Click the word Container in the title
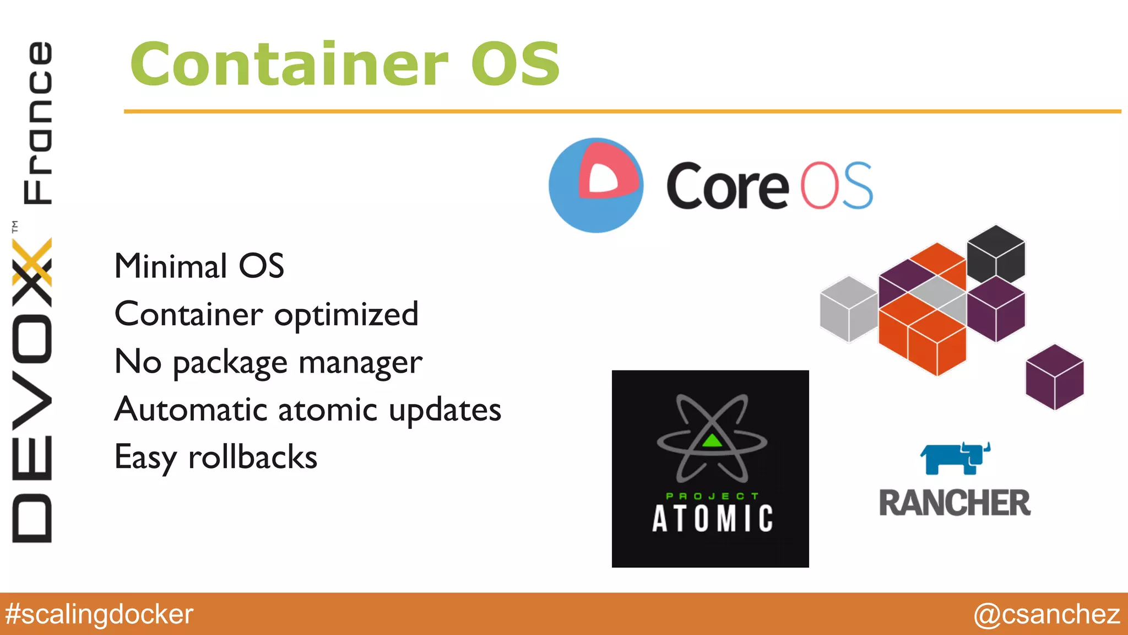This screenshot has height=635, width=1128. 289,64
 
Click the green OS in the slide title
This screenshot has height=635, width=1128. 515,64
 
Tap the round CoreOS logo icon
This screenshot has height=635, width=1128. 596,185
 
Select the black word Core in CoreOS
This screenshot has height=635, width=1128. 727,186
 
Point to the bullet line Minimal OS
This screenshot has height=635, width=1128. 199,266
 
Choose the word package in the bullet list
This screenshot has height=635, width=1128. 230,363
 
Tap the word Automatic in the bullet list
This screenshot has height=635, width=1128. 191,410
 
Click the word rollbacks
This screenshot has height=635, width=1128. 252,458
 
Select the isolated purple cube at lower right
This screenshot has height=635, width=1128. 1054,377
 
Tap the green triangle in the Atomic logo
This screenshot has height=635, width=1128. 712,440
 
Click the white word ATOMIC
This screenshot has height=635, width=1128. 712,519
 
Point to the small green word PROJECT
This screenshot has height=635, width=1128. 712,496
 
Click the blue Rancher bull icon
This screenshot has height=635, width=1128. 955,458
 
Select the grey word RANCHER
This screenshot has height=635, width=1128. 955,503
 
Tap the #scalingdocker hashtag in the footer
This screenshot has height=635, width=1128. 99,614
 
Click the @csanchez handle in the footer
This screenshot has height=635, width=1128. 1046,614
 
